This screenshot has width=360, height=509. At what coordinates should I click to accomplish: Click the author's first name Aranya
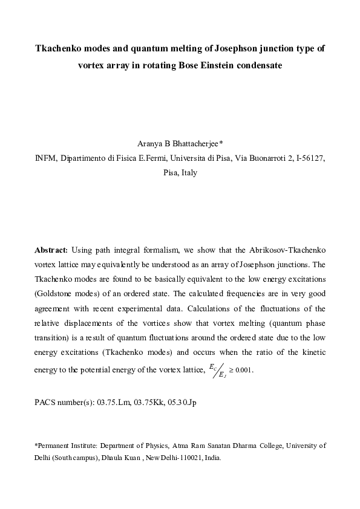coord(151,144)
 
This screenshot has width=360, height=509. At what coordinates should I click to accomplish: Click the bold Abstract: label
coord(51,249)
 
